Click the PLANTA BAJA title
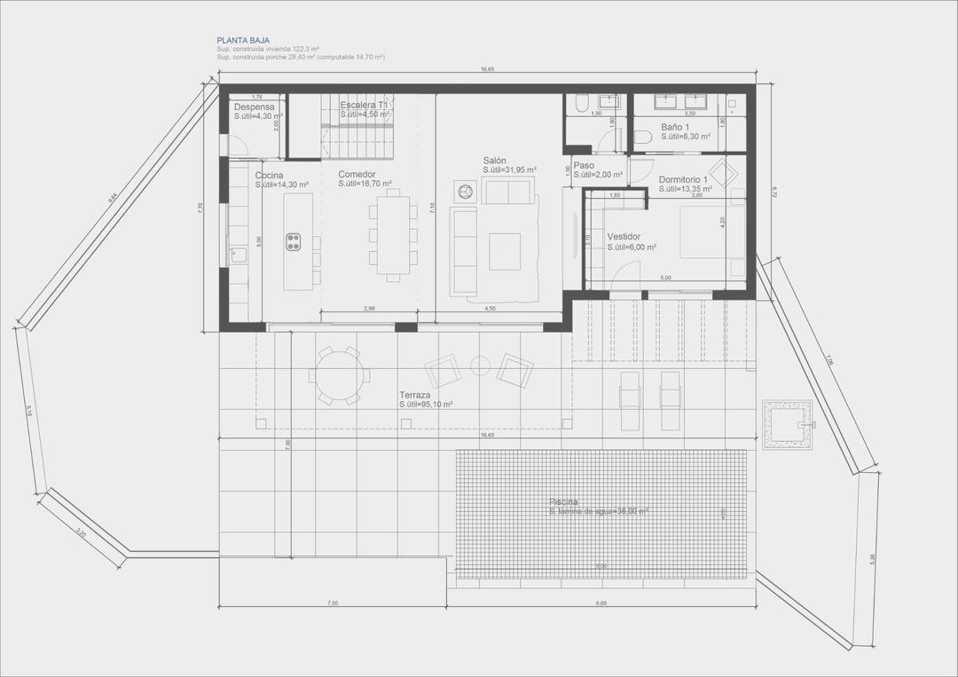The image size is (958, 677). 238,41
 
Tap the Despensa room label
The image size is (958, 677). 255,106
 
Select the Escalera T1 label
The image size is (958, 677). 364,105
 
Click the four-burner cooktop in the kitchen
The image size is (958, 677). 293,242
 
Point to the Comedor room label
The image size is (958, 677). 357,174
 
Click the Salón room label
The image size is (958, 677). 495,160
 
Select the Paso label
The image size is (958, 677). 584,165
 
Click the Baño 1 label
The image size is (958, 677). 675,127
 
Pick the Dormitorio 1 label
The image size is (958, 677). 683,178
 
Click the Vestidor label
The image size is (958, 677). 624,237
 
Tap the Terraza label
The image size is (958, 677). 414,394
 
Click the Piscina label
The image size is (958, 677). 562,502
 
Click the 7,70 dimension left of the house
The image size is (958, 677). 201,207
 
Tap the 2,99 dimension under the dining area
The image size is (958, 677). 369,308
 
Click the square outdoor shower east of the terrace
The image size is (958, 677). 787,424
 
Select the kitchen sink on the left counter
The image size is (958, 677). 238,256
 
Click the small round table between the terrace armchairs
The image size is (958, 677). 480,365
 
